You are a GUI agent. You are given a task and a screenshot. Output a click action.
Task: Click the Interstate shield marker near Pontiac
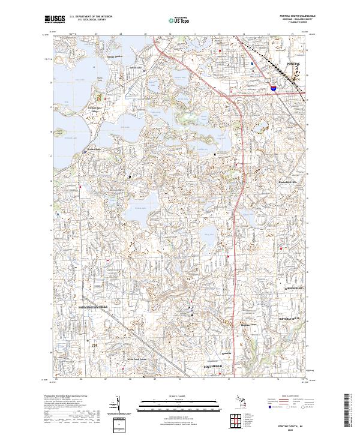273,88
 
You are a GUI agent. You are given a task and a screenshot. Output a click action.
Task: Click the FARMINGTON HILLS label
92,306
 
